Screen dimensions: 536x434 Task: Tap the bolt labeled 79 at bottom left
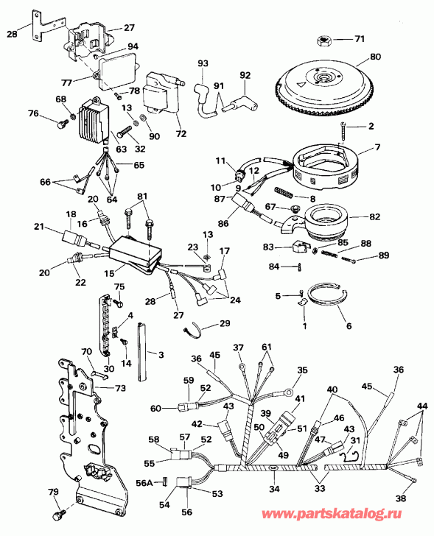pos(57,509)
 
